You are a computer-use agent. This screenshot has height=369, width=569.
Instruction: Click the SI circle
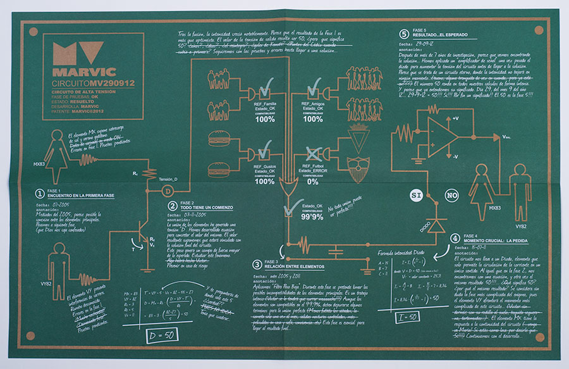click(x=416, y=194)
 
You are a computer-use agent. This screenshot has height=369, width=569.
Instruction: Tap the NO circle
click(x=452, y=194)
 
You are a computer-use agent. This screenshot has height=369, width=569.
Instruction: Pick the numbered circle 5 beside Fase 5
click(x=403, y=34)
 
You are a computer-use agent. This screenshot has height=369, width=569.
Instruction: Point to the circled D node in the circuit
click(x=168, y=191)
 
